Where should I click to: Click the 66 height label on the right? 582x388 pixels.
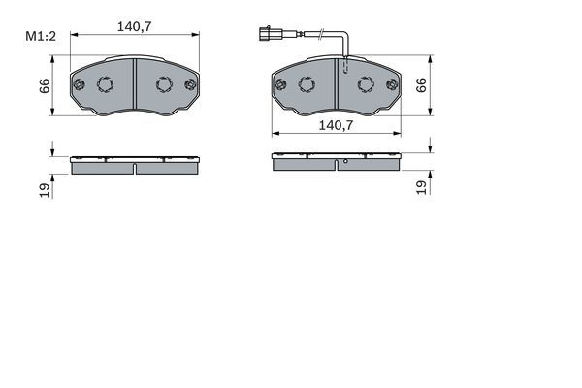pos(421,85)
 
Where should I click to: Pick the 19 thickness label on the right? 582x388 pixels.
pos(421,187)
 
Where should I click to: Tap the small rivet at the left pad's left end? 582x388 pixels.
pos(80,84)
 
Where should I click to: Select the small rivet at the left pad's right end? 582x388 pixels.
pos(190,84)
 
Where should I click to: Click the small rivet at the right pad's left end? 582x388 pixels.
pos(281,84)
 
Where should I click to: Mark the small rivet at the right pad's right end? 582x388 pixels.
pos(392,84)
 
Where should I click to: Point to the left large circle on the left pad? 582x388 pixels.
pos(106,84)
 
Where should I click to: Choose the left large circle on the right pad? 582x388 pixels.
pos(307,84)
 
